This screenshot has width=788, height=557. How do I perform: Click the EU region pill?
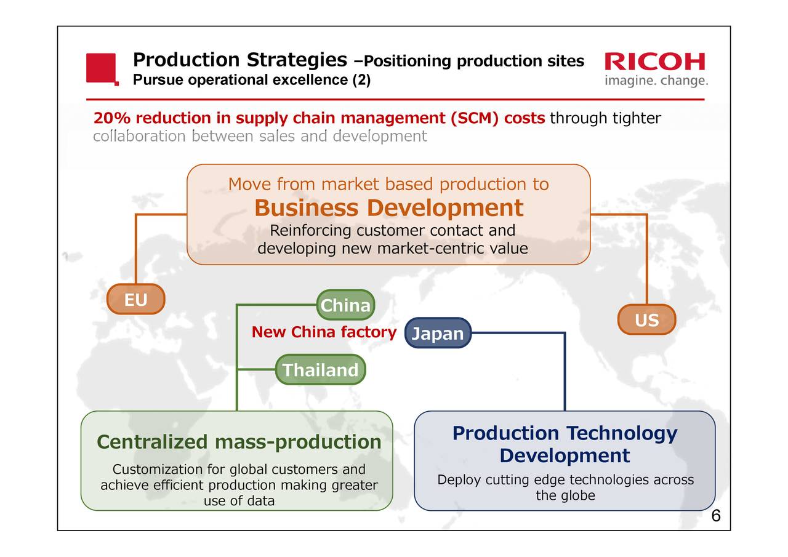136,299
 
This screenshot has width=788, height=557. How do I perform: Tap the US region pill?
647,319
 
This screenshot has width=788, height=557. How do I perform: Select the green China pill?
345,305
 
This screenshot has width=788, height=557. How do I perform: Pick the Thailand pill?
321,369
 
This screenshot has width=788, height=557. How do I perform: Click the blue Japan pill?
438,333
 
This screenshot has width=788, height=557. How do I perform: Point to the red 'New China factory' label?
324,332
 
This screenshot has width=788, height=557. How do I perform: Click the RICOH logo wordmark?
654,62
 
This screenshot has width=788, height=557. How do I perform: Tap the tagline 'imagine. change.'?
656,81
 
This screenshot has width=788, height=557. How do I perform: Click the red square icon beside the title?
102,69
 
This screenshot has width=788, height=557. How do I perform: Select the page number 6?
716,516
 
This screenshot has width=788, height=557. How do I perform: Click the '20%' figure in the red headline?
112,118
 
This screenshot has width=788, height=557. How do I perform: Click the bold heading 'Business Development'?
389,208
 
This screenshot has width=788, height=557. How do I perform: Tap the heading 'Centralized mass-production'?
239,442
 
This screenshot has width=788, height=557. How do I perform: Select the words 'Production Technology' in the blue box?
565,433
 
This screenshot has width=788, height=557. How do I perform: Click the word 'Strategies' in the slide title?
297,60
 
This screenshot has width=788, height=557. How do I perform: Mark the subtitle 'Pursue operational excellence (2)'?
252,80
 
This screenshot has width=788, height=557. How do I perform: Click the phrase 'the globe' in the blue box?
566,495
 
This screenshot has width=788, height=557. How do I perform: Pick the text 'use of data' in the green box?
239,501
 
